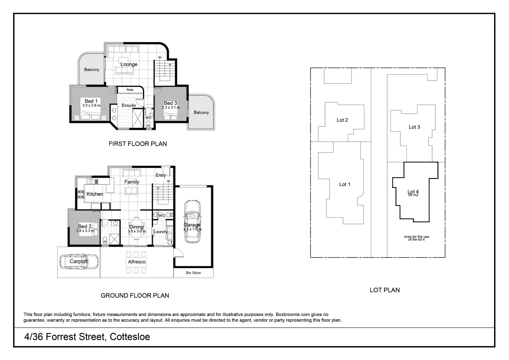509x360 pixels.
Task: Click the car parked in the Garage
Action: pyautogui.click(x=193, y=221)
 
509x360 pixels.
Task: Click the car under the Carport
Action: pyautogui.click(x=79, y=262)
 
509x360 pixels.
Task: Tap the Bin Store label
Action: pyautogui.click(x=193, y=273)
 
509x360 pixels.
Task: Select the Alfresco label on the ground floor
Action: pyautogui.click(x=137, y=262)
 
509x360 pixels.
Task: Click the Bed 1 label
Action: pyautogui.click(x=91, y=101)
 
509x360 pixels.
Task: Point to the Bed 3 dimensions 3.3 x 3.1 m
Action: pyautogui.click(x=171, y=108)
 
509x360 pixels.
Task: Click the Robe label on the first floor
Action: pyautogui.click(x=130, y=90)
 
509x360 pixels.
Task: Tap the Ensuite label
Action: pyautogui.click(x=129, y=105)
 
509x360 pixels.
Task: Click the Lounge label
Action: pyautogui.click(x=129, y=64)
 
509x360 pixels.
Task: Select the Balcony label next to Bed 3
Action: pyautogui.click(x=201, y=113)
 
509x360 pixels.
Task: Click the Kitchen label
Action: pyautogui.click(x=95, y=194)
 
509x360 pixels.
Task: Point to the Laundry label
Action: pyautogui.click(x=161, y=232)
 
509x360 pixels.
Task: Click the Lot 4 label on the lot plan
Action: pyautogui.click(x=413, y=192)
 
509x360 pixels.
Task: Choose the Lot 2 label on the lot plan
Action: pyautogui.click(x=342, y=120)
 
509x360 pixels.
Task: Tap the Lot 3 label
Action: pyautogui.click(x=414, y=127)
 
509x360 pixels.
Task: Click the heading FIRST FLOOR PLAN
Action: pyautogui.click(x=138, y=144)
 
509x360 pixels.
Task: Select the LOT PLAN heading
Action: pyautogui.click(x=384, y=290)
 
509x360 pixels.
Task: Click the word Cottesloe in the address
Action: pyautogui.click(x=130, y=337)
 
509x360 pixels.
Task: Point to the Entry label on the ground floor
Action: pyautogui.click(x=161, y=175)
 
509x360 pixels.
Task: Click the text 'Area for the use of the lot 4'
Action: pyautogui.click(x=416, y=238)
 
